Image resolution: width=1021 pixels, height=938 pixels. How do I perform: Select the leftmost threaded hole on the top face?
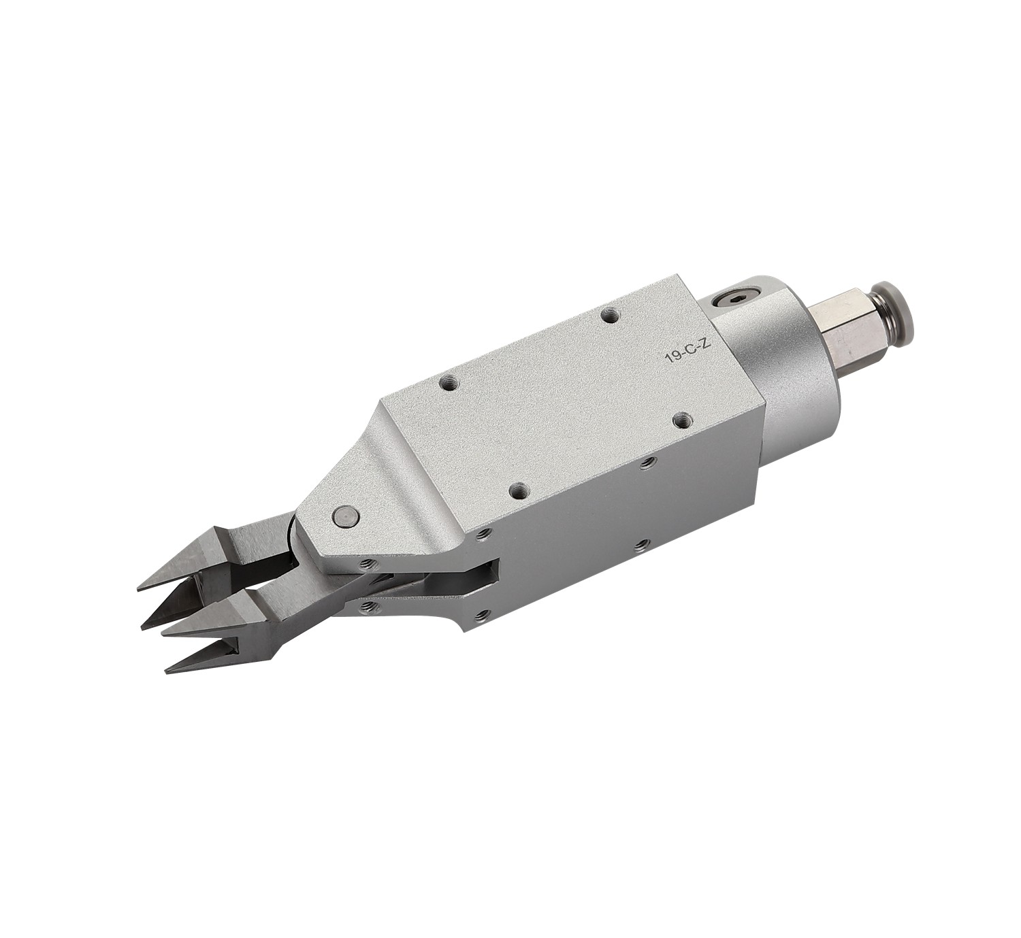click(449, 383)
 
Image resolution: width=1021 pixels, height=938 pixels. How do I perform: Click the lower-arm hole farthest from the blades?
click(482, 616)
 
